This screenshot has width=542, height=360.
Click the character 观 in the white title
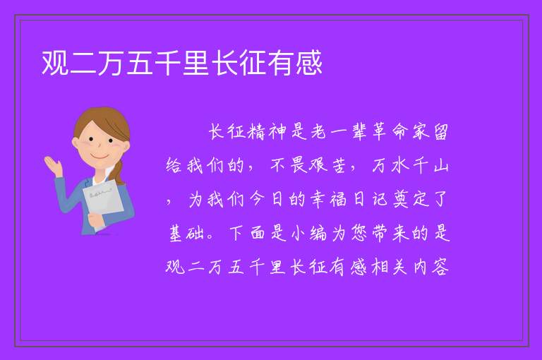[x=55, y=63]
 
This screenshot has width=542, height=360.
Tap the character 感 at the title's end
[x=309, y=63]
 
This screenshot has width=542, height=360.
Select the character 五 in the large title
[x=140, y=63]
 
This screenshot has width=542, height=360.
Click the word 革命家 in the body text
[x=400, y=132]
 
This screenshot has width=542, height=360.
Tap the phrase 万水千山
[x=410, y=165]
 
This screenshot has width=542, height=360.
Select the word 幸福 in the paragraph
[x=328, y=199]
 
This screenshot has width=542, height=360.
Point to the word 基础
[x=186, y=233]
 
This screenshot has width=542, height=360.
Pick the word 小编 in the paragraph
[x=308, y=233]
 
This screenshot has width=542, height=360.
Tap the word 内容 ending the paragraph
[x=430, y=267]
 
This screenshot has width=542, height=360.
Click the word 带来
[x=390, y=233]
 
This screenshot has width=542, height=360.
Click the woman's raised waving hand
[x=53, y=166]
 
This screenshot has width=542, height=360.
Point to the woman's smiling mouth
[x=100, y=156]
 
